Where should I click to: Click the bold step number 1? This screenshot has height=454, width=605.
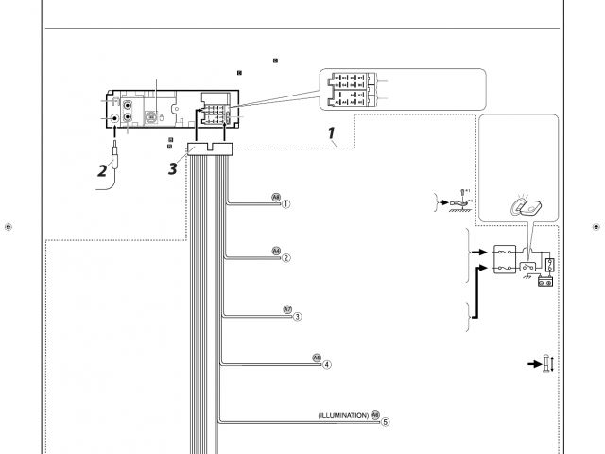click(x=333, y=134)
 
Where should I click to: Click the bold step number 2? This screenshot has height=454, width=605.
click(x=102, y=171)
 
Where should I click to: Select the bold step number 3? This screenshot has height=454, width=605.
click(x=172, y=168)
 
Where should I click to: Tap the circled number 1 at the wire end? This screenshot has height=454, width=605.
click(x=285, y=203)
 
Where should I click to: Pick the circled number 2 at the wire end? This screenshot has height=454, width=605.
click(x=285, y=257)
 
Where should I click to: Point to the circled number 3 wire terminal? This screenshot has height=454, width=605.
click(x=297, y=316)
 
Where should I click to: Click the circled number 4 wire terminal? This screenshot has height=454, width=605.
click(x=326, y=364)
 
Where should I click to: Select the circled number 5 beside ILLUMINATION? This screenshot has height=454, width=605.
click(x=385, y=422)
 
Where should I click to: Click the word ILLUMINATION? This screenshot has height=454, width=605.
click(x=343, y=415)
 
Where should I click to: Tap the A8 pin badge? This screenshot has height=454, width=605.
click(x=276, y=199)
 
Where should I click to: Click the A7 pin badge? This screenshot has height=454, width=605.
click(x=287, y=309)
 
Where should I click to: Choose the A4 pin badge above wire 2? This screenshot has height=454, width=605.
click(x=276, y=252)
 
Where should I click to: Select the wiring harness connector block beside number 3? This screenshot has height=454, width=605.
click(x=211, y=147)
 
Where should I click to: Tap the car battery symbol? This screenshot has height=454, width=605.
click(x=545, y=281)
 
